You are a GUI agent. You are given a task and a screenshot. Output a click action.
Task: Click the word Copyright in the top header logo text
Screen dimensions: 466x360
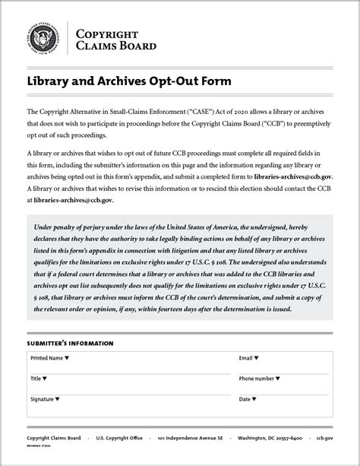[x=107, y=34]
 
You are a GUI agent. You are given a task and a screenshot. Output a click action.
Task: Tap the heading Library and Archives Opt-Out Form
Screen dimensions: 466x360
[x=128, y=81]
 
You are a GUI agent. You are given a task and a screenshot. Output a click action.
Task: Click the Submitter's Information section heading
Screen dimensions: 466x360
[x=70, y=344]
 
